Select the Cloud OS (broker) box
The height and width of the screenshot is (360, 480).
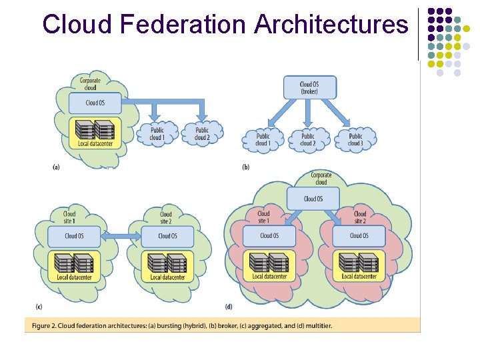pos(309,88)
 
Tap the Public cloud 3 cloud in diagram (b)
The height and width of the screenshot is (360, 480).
pos(355,139)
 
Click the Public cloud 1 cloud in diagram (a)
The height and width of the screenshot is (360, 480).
pos(157,134)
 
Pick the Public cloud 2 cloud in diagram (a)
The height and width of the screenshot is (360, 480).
pos(201,134)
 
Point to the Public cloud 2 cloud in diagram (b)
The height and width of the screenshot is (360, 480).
pos(307,139)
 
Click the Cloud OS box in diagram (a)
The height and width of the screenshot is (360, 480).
pos(95,103)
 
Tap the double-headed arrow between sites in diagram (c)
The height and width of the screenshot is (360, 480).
pos(120,235)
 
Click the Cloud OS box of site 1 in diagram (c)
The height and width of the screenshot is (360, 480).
pos(74,237)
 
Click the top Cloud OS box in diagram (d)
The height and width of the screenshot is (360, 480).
pos(313,199)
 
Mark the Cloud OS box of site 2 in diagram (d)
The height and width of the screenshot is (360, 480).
pos(359,235)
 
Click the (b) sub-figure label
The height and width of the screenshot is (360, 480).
pos(246,167)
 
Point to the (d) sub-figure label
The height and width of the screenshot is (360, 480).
pos(228,307)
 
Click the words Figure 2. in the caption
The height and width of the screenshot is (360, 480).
pos(42,325)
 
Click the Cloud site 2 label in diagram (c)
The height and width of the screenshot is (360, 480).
pos(165,218)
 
